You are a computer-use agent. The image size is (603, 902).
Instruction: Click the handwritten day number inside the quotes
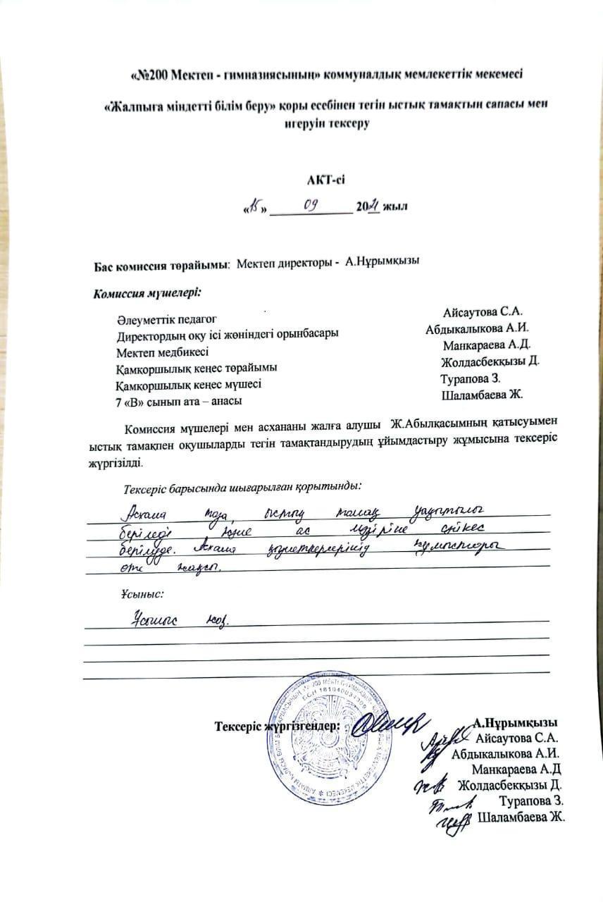click(x=254, y=207)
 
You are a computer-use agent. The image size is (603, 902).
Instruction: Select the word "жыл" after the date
click(x=395, y=207)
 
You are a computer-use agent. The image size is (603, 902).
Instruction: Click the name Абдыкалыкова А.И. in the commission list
click(x=477, y=328)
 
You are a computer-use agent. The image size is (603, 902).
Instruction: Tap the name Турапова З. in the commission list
click(x=470, y=379)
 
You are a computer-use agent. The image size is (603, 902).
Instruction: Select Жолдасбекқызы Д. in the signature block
click(x=509, y=785)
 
